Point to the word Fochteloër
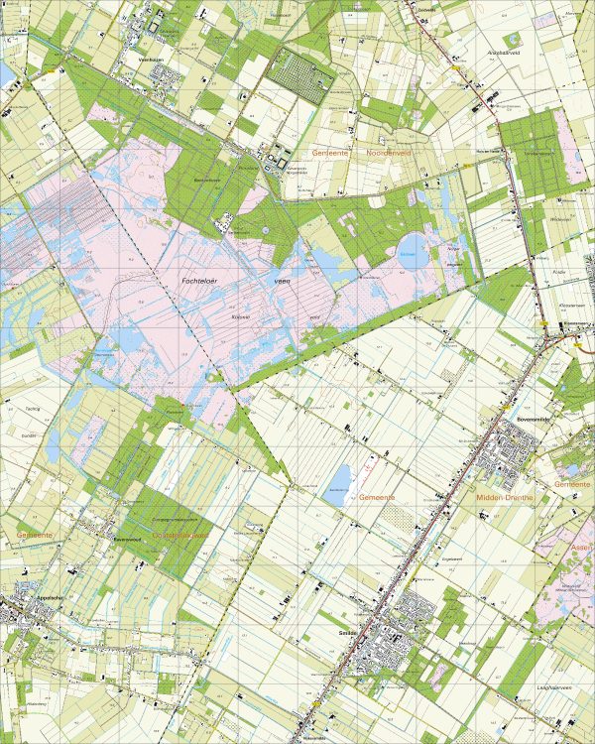pyautogui.click(x=205, y=282)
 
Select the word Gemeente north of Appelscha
pyautogui.click(x=34, y=534)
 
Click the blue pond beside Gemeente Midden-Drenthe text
pyautogui.click(x=340, y=477)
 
